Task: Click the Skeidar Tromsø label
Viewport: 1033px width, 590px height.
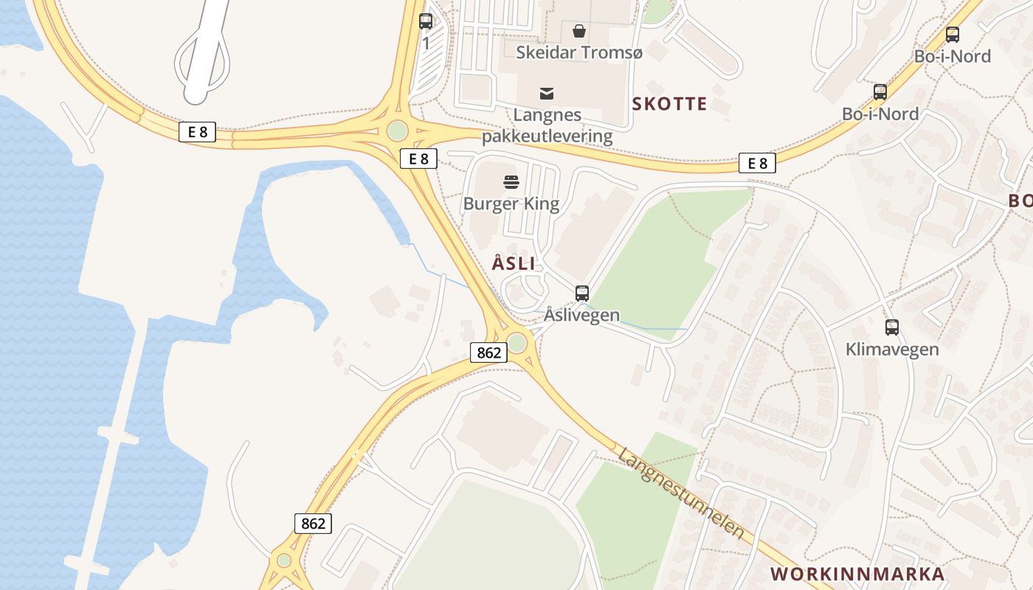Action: pos(579,53)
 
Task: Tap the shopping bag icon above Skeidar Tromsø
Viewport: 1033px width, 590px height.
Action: pos(579,31)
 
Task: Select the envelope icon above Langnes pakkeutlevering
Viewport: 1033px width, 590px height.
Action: pos(547,94)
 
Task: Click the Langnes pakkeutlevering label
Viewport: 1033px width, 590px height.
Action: pos(547,125)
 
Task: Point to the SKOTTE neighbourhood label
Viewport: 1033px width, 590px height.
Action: pos(669,104)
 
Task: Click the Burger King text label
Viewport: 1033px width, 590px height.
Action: pos(511,204)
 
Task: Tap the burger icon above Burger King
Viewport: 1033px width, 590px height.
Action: pos(511,181)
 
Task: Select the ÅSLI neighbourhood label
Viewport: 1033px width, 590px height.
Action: pos(514,263)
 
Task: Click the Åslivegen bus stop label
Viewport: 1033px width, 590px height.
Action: pos(582,316)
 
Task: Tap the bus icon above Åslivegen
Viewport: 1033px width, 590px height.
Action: pos(582,293)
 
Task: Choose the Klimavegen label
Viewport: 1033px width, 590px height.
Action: pos(892,350)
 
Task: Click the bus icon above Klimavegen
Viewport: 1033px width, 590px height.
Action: pos(892,327)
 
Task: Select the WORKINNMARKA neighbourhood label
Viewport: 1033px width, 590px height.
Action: pos(857,575)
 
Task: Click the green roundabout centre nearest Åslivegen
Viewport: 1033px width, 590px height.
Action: pos(517,343)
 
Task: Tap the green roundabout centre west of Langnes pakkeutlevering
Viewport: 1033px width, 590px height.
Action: pos(397,131)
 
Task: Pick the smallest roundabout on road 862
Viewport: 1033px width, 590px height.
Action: pos(284,560)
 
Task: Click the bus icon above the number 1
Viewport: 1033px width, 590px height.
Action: pos(426,21)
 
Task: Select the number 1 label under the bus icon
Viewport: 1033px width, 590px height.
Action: pos(426,44)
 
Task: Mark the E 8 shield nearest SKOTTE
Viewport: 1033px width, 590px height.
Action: pos(757,163)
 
